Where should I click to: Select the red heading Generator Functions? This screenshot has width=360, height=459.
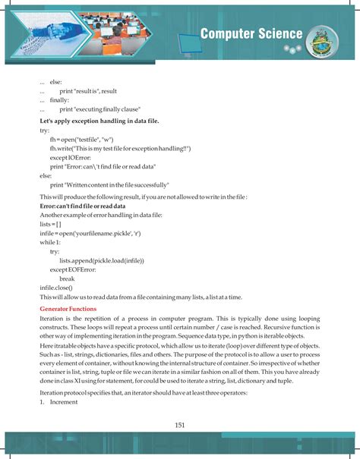pyautogui.click(x=68, y=309)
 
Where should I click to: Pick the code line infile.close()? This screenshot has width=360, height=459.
pyautogui.click(x=55, y=288)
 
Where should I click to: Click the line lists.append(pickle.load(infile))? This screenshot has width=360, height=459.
pyautogui.click(x=102, y=260)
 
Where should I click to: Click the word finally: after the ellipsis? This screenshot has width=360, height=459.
pyautogui.click(x=59, y=99)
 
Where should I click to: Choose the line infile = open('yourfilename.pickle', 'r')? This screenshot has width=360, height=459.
pyautogui.click(x=90, y=234)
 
